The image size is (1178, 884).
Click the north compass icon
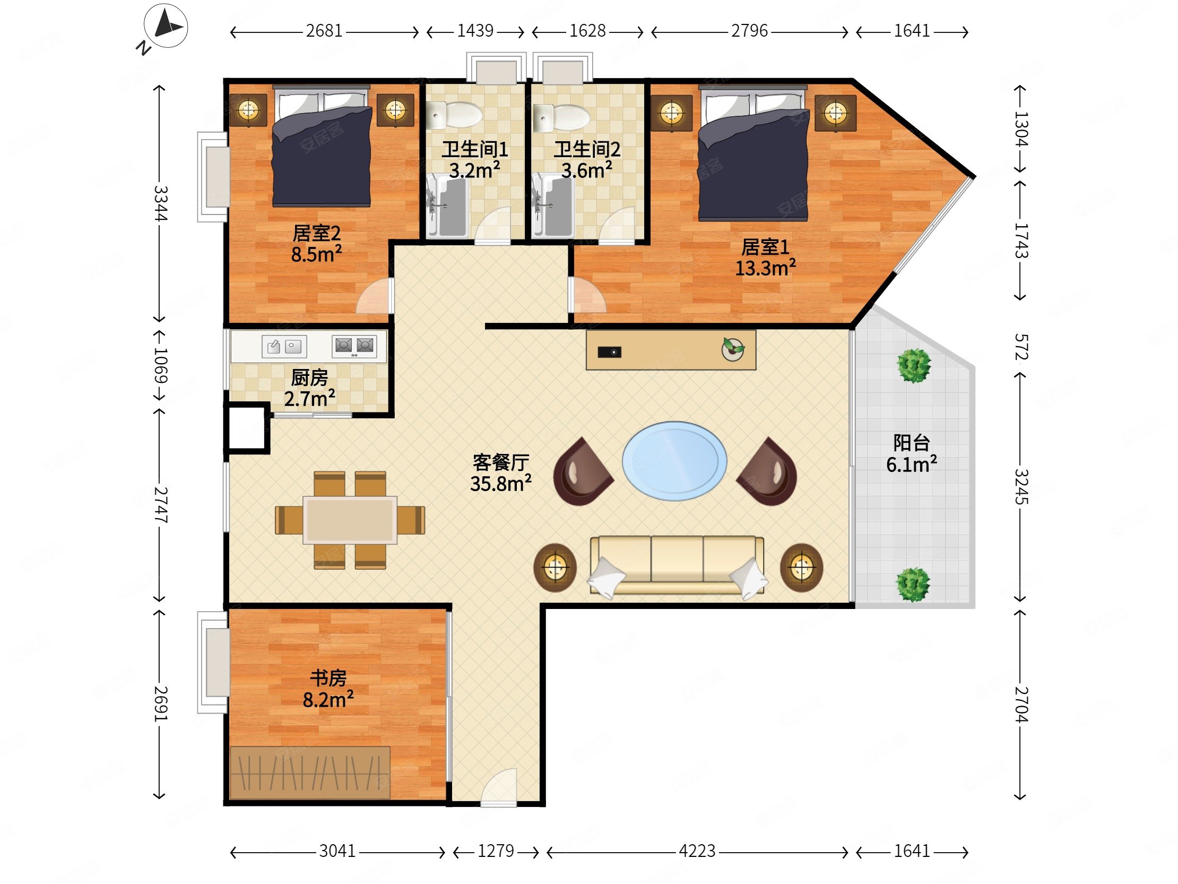(x=165, y=26)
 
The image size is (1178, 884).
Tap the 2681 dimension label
(x=324, y=31)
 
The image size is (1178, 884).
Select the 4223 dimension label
(x=697, y=851)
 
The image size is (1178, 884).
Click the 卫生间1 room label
(x=475, y=150)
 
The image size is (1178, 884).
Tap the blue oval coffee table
(x=674, y=461)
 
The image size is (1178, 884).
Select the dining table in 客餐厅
(x=350, y=520)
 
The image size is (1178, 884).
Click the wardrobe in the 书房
(x=310, y=773)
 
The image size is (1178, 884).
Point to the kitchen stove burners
(x=354, y=346)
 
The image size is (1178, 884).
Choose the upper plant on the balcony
(x=914, y=366)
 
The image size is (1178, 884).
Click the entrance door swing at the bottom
(x=499, y=786)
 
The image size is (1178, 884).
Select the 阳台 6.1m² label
(x=911, y=454)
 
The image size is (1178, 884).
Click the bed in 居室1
(x=753, y=155)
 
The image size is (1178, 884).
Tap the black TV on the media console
(x=609, y=352)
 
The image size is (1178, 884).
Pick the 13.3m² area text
(x=765, y=268)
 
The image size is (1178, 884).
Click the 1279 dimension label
(x=495, y=851)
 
